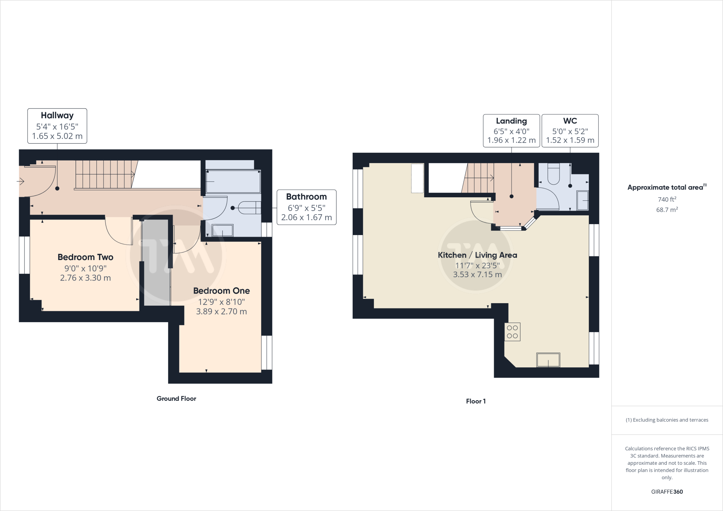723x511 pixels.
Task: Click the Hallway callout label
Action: tap(57, 126)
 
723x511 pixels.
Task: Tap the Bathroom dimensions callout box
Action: tap(306, 207)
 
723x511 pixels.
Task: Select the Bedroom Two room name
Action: tap(85, 257)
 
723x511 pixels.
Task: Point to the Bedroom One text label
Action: tap(221, 291)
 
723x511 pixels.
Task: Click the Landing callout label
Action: tap(511, 130)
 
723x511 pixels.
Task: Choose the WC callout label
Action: tap(570, 130)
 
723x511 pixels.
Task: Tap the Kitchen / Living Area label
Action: tap(477, 255)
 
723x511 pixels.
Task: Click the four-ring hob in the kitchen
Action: tap(512, 332)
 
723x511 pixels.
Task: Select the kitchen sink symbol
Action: tap(548, 360)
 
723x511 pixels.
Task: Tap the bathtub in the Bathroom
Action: tap(233, 182)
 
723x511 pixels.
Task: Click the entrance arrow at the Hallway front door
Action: tap(20, 182)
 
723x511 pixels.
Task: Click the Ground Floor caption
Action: tap(176, 398)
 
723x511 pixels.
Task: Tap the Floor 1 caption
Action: tap(476, 401)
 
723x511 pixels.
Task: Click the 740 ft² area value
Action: tap(667, 199)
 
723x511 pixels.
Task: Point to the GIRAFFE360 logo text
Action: tap(667, 492)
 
